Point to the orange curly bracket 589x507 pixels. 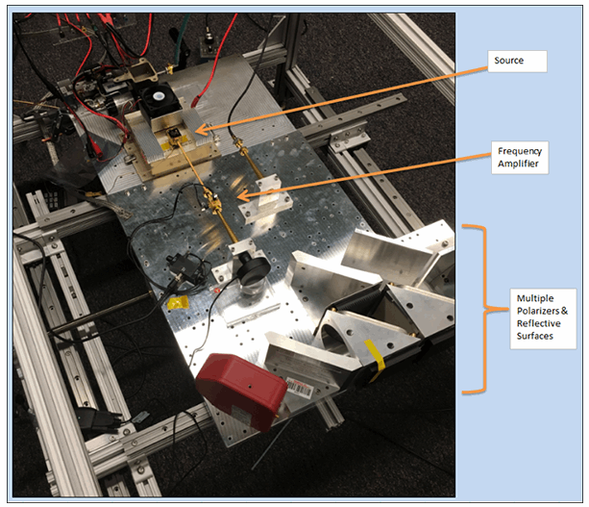point(475,308)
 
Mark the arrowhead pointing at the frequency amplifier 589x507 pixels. point(237,198)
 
